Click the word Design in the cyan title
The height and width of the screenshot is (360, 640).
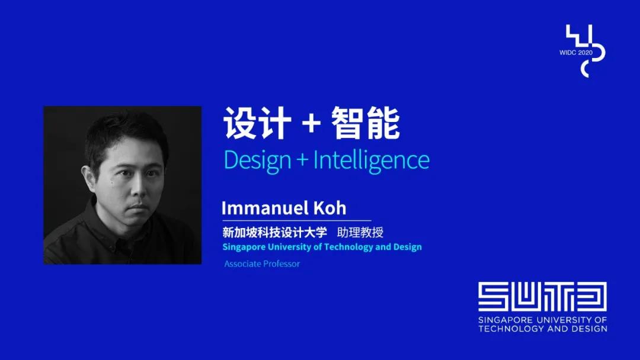click(x=257, y=160)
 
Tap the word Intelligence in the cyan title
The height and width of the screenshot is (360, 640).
click(x=372, y=160)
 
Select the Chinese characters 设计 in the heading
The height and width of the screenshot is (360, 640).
click(x=257, y=123)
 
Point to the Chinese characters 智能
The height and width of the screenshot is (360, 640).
click(x=365, y=123)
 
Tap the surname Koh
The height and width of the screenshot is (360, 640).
click(x=330, y=208)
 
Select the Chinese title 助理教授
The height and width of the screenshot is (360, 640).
click(x=360, y=232)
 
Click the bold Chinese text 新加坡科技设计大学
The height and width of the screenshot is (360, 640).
click(x=275, y=232)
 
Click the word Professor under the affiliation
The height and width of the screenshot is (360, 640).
click(x=281, y=263)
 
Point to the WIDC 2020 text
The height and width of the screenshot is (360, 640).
click(x=575, y=53)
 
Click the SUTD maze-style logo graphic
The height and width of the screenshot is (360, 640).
click(x=542, y=297)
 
